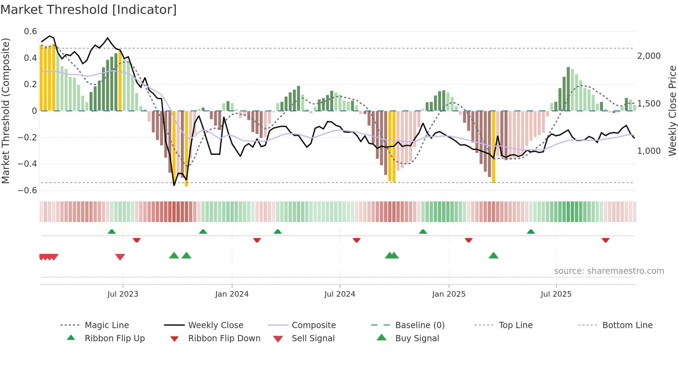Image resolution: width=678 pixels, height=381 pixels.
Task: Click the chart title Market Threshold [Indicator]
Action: pos(89,10)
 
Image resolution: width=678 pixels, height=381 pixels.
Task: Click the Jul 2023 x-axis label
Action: pos(123,294)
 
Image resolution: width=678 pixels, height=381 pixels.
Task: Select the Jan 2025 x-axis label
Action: pos(449,294)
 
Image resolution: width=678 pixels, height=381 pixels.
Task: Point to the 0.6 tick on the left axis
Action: pos(30,31)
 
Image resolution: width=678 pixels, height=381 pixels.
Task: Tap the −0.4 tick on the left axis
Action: pos(28,164)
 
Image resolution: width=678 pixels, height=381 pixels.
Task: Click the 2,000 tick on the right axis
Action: pos(649,56)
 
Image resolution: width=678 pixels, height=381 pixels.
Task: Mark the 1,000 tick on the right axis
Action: pos(649,151)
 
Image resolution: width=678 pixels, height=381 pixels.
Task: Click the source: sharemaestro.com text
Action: pos(609,271)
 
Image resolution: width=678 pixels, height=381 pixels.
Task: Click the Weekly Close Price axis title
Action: pos(672,111)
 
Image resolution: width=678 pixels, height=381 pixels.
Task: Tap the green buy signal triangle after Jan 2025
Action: pos(493,255)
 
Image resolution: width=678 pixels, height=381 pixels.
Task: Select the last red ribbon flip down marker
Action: pos(605,240)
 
